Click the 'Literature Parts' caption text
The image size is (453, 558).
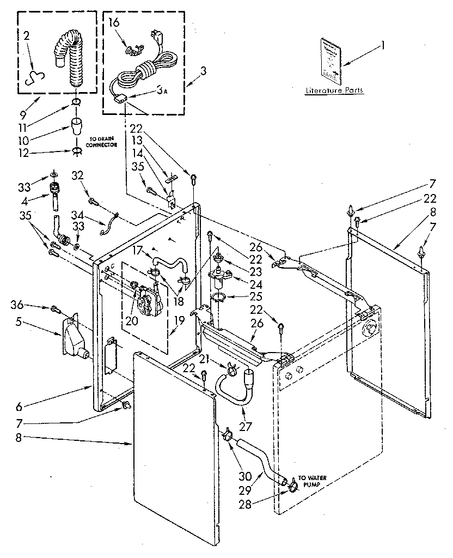[x=334, y=91]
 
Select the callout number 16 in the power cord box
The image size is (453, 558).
[x=113, y=22]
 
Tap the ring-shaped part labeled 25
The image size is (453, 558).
[x=219, y=298]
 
